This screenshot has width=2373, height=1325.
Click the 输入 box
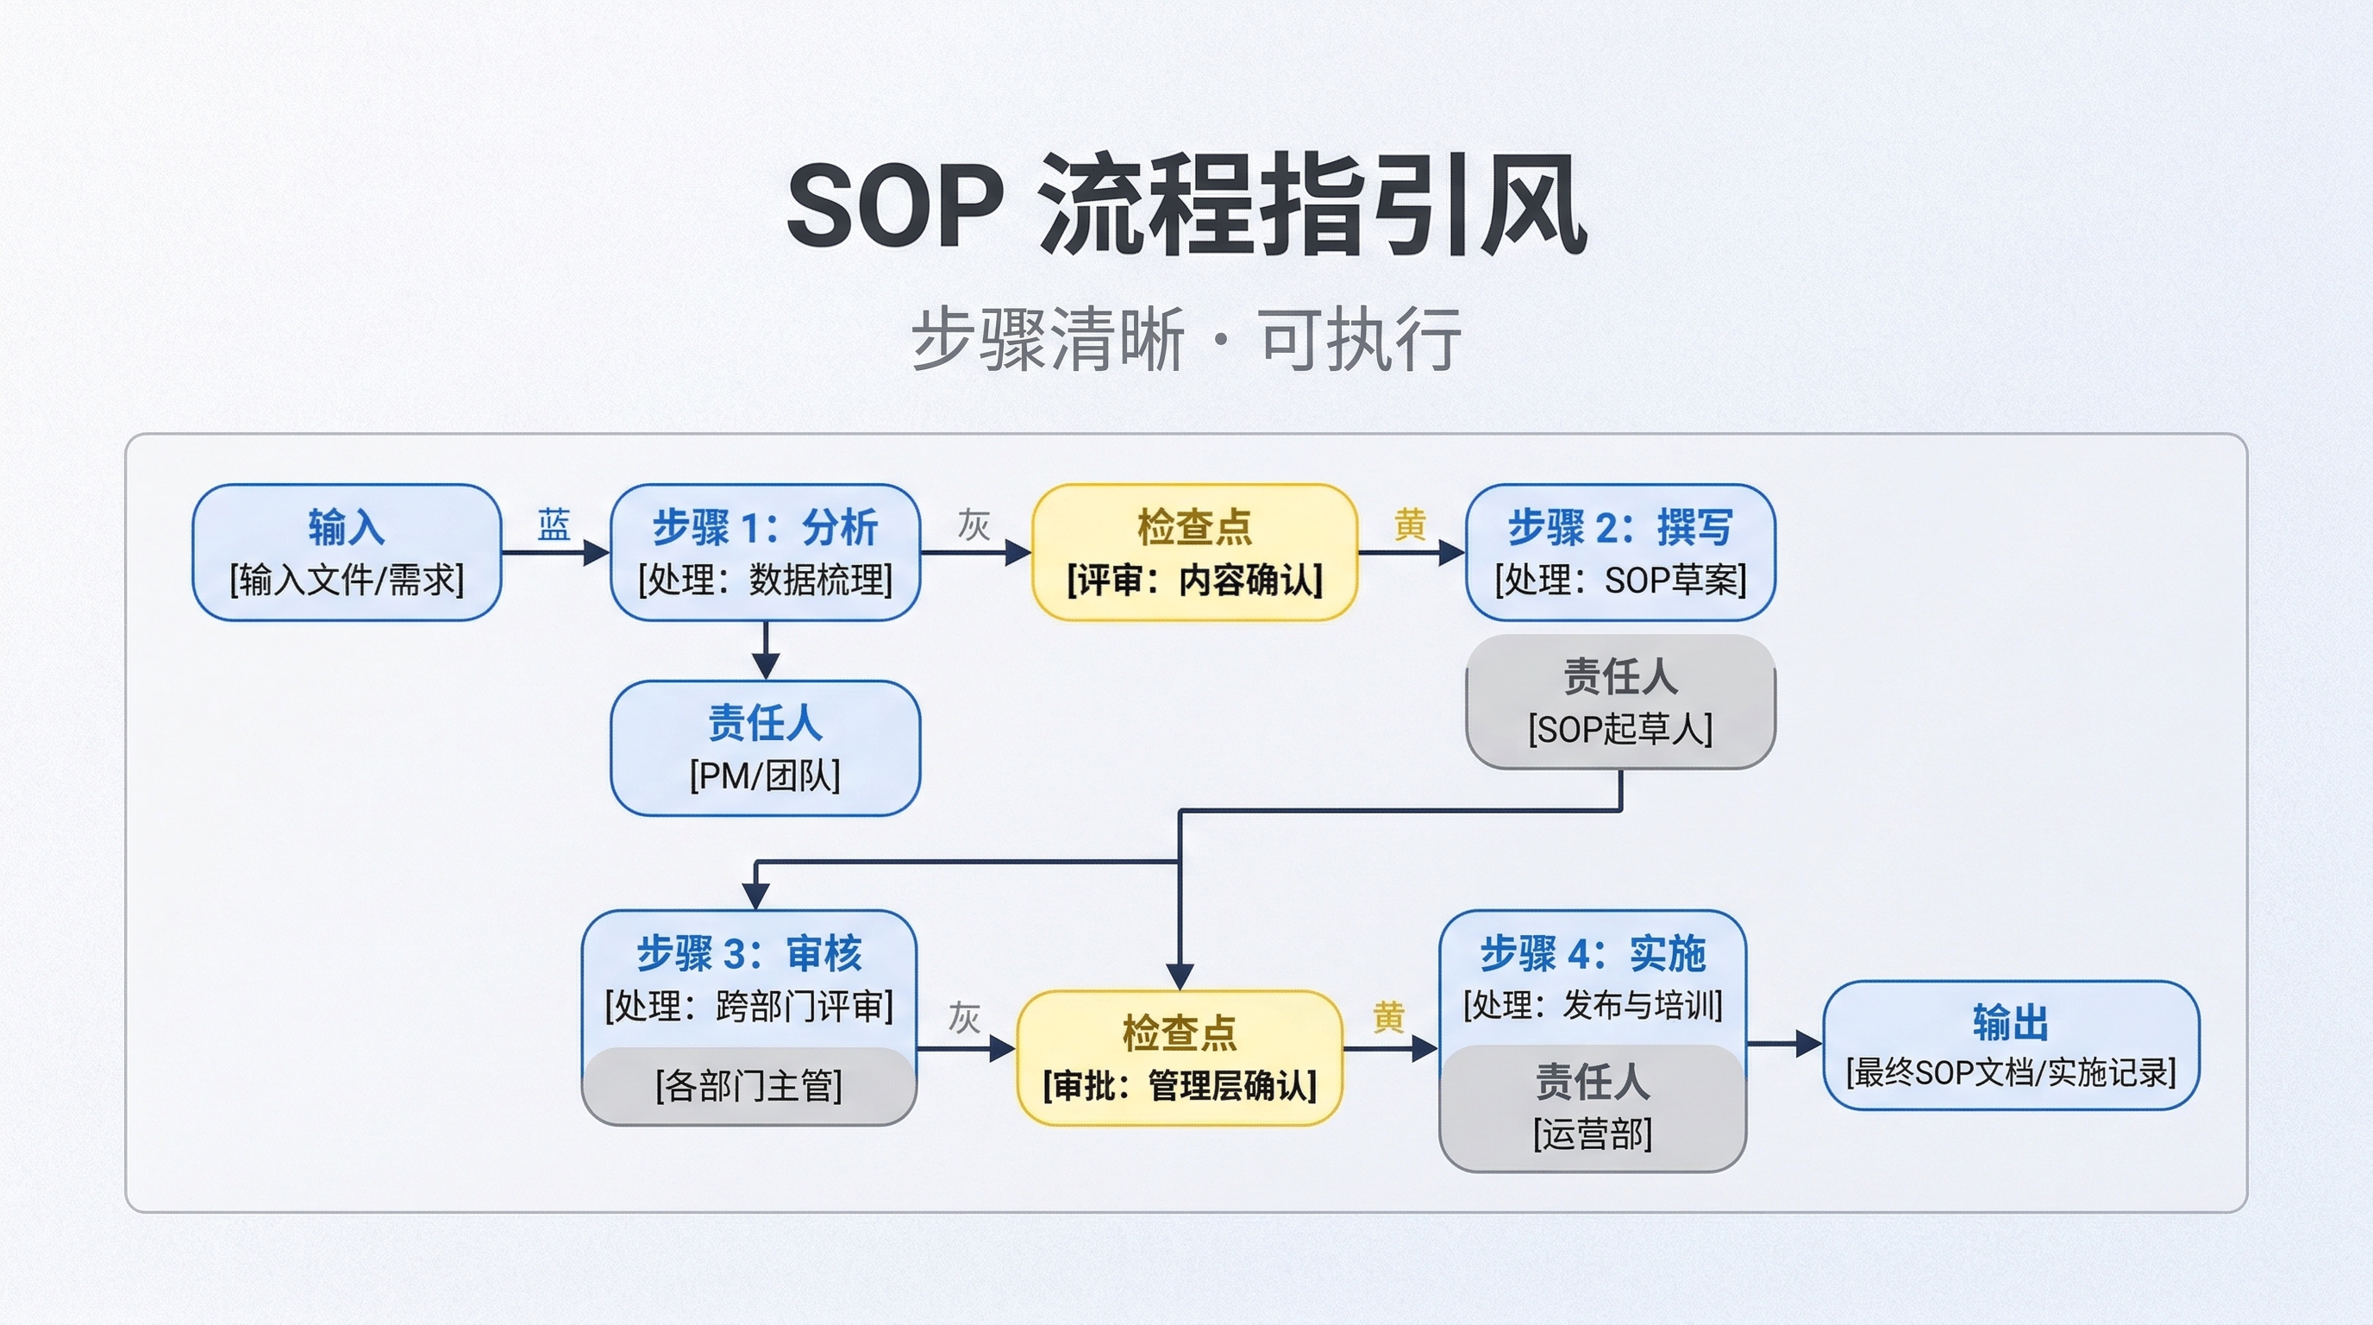pos(347,552)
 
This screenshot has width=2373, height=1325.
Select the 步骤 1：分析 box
pos(765,552)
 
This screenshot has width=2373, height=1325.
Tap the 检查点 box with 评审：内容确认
pos(1194,552)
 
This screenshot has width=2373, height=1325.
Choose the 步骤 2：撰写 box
pos(1619,552)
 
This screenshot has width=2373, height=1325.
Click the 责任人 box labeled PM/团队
pos(765,748)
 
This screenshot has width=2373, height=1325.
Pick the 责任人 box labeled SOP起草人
pos(1619,701)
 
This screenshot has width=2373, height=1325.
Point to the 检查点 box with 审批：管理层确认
pos(1179,1058)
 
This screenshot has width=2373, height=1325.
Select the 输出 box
pos(2010,1045)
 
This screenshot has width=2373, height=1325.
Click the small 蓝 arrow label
pos(554,525)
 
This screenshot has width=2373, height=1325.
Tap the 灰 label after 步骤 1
pos(974,525)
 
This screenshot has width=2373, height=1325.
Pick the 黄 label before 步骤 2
pos(1410,525)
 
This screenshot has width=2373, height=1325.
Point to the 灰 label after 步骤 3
pos(963,1018)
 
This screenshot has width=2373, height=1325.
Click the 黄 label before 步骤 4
pos(1388,1018)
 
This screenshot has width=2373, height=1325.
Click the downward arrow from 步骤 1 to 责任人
pos(766,650)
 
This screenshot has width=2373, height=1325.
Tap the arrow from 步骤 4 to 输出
pos(1784,1044)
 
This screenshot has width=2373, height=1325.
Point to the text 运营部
pos(1592,1133)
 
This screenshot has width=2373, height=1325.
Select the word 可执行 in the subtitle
pos(1360,339)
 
